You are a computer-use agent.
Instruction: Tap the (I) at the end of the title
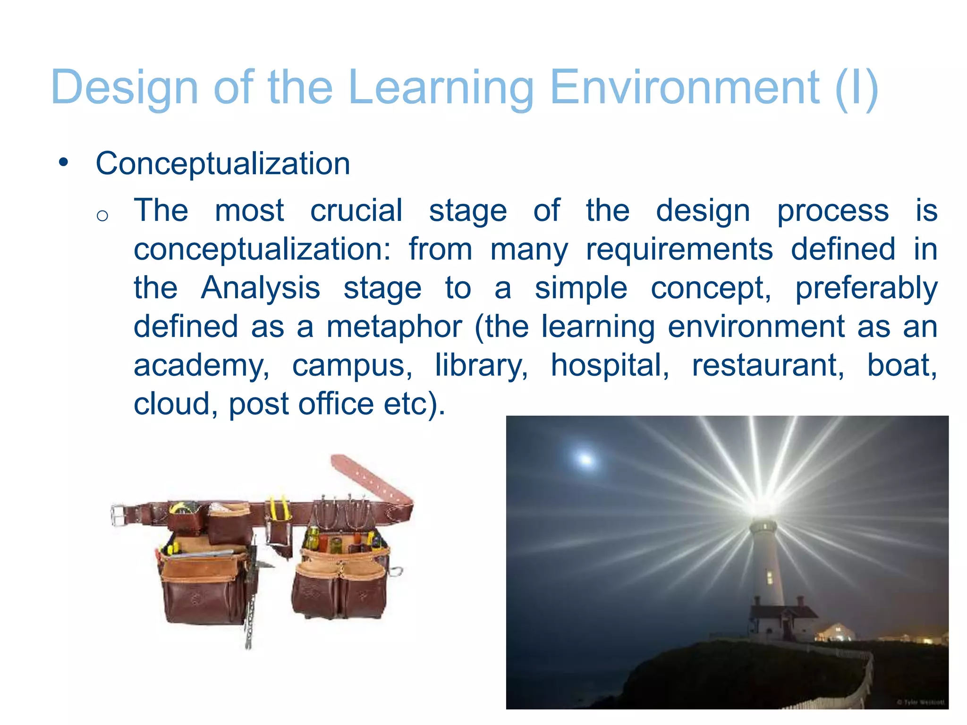856,88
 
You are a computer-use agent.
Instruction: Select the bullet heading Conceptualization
223,164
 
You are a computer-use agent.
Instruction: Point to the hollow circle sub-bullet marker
102,216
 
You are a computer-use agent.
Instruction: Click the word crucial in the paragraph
356,211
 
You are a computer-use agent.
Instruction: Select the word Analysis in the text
260,288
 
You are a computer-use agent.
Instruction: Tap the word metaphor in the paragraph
394,327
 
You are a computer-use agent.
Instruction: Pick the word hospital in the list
610,365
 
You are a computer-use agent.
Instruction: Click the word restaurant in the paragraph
768,365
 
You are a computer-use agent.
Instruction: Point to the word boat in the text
902,365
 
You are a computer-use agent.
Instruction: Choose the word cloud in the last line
172,404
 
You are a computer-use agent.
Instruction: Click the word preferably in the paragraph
866,288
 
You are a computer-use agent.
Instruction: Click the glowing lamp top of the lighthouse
761,510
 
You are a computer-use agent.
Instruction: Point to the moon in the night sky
585,458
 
